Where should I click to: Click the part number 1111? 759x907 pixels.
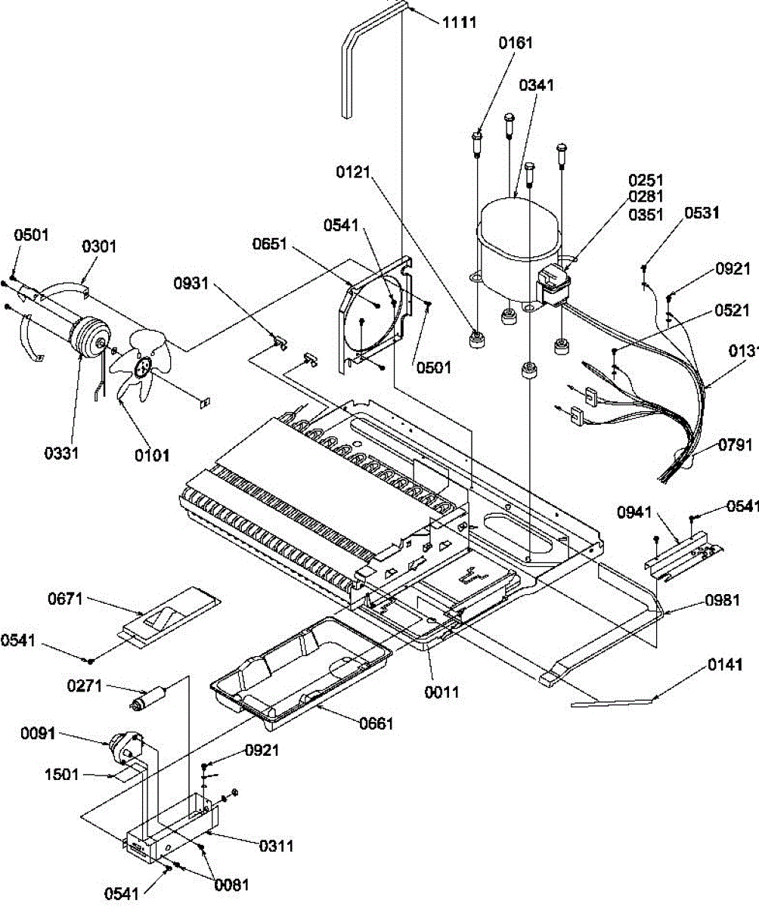point(459,22)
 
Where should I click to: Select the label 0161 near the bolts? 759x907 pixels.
point(516,43)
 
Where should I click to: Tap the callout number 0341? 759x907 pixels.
point(537,85)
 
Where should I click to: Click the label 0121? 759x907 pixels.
point(353,172)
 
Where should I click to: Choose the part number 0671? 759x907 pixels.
point(65,599)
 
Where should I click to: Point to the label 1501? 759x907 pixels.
point(62,775)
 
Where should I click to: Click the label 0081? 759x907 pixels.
point(231,885)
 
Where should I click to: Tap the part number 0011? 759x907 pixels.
point(441,692)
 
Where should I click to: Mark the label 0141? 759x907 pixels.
point(725,664)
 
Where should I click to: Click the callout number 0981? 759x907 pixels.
point(722,600)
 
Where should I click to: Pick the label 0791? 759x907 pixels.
point(735,445)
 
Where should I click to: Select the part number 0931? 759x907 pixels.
point(191,283)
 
